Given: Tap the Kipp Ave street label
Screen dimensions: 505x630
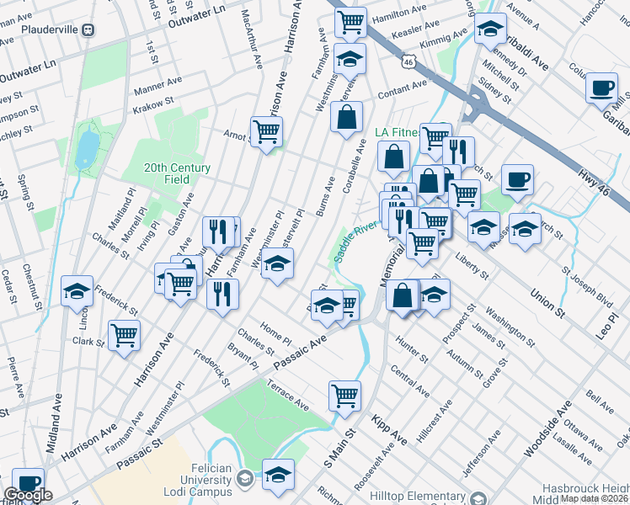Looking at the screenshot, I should point(388,429).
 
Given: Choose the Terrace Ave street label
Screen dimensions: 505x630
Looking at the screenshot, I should point(290,396).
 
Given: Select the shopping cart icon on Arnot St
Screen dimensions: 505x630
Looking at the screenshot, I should point(266,131).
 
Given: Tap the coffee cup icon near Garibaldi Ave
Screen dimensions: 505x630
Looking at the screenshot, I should point(602,88).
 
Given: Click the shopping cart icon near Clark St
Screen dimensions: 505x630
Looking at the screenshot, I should point(125,335).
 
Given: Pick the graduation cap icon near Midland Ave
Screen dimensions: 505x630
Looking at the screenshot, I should point(77,291).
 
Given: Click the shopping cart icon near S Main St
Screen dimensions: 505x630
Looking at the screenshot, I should point(344,394).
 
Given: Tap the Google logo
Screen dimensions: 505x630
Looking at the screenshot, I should point(28,495).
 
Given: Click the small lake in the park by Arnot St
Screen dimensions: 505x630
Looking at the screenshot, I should point(86,150).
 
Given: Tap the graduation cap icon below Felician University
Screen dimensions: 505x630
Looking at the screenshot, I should point(278,474).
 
